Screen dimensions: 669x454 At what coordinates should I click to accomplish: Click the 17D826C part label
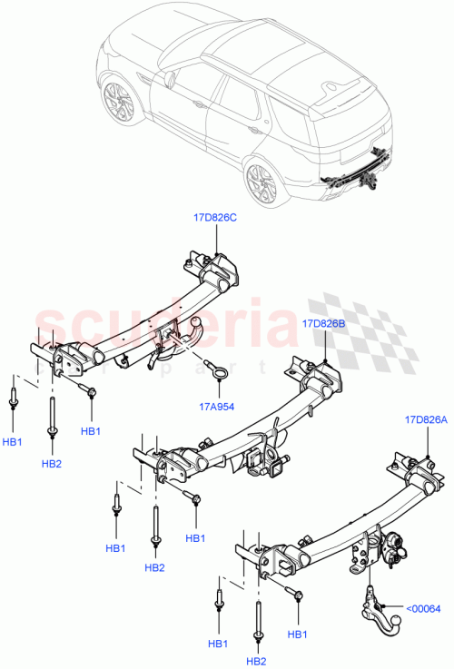tap(216, 217)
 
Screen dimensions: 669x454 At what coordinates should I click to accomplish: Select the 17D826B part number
tap(324, 322)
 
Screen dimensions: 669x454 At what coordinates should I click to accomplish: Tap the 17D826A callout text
tap(427, 419)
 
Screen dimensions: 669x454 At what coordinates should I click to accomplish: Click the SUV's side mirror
tap(168, 79)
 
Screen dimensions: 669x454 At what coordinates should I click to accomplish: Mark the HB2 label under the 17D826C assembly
tap(52, 463)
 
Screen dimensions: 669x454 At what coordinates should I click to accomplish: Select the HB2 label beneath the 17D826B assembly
tap(154, 567)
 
